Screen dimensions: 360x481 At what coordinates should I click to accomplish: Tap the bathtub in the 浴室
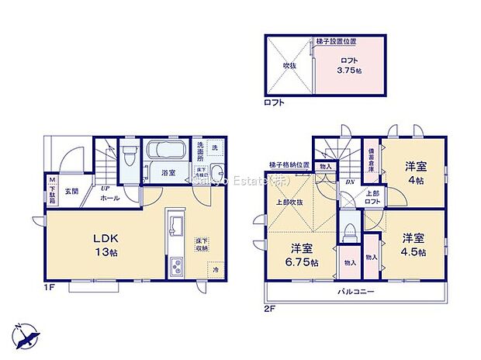tap(164, 150)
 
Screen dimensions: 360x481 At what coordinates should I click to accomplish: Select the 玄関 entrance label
tap(71, 191)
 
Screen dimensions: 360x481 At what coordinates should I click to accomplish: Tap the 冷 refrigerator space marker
tap(216, 271)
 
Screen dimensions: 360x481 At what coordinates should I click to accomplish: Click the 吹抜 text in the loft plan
tap(289, 66)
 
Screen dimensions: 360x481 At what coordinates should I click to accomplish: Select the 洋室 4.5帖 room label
tap(413, 244)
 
